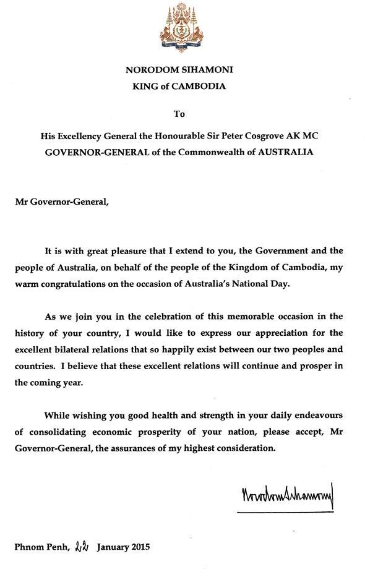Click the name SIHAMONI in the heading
206,71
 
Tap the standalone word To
179,114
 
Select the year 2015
136,547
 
